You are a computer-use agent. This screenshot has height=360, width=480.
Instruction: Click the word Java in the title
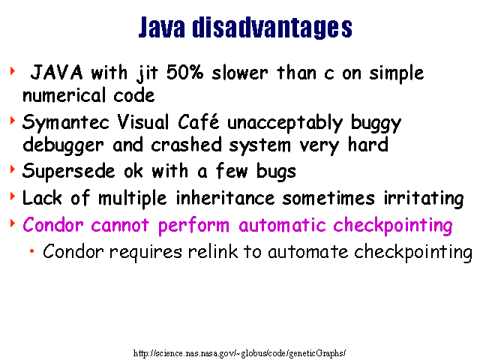click(x=162, y=27)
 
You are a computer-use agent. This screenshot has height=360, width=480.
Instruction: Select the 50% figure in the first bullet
click(x=184, y=73)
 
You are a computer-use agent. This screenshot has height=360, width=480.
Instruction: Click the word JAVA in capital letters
click(x=57, y=73)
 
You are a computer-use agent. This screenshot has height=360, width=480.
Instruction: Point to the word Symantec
click(x=65, y=123)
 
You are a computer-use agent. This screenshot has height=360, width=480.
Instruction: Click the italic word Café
click(x=198, y=121)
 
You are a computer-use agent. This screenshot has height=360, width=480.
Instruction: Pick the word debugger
click(x=63, y=145)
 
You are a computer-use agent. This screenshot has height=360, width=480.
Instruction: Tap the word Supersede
click(x=68, y=172)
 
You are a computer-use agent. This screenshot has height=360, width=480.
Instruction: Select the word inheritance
click(x=225, y=197)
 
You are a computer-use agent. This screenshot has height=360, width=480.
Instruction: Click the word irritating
click(x=424, y=198)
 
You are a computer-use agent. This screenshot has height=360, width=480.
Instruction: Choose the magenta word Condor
click(x=53, y=225)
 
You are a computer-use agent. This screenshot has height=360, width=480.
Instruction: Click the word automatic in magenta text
click(x=282, y=225)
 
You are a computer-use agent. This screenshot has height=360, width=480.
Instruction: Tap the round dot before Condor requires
click(x=31, y=251)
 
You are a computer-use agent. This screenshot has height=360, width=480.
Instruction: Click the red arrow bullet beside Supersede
click(x=13, y=169)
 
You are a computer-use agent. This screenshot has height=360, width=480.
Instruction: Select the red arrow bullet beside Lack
click(x=13, y=196)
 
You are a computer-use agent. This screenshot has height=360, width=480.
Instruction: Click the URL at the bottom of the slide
click(x=239, y=353)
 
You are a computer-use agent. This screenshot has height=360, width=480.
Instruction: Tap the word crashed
click(x=186, y=145)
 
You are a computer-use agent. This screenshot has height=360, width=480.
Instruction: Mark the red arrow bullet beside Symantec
click(x=13, y=120)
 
